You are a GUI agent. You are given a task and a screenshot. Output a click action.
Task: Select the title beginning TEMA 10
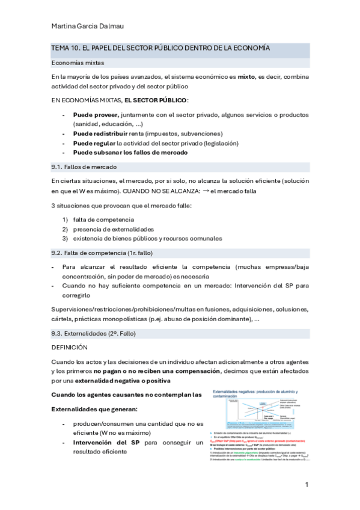click(160, 48)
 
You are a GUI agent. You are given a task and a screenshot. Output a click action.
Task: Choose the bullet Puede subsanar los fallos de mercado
click(130, 153)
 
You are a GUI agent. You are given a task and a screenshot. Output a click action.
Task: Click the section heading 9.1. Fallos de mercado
click(84, 167)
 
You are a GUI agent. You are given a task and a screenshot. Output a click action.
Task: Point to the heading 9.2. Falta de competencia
click(97, 253)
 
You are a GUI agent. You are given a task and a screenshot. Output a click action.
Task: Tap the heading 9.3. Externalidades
click(91, 333)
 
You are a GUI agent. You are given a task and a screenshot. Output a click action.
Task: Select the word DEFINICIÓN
click(70, 347)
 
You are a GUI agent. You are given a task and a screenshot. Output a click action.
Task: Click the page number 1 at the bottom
click(307, 485)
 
